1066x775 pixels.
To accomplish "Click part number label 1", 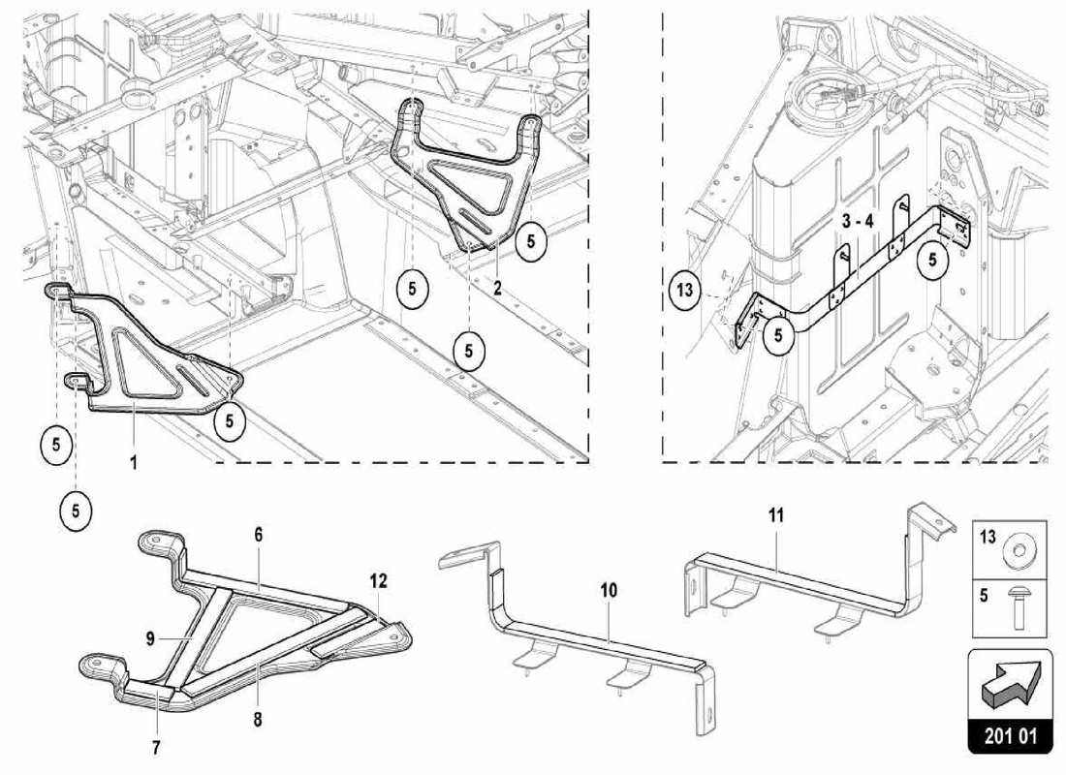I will (x=133, y=463).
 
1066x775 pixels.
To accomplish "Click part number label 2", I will (x=497, y=288).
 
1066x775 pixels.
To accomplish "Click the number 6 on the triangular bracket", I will (x=259, y=535).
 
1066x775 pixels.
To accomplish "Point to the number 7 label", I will (x=156, y=747).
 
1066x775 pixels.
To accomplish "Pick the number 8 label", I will (x=259, y=720).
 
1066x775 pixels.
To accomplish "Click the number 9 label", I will (x=150, y=638).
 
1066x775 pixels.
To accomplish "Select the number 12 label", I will (x=378, y=581).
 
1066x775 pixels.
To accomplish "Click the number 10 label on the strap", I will (x=608, y=589).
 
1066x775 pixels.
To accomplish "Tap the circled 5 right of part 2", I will (x=530, y=242).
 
